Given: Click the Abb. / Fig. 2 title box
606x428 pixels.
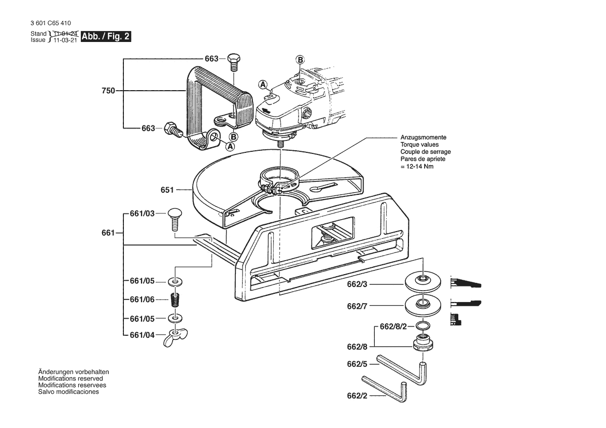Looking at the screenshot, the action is tap(106, 36).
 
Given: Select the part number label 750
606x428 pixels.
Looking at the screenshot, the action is tap(108, 91).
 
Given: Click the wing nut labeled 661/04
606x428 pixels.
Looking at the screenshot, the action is tap(175, 337).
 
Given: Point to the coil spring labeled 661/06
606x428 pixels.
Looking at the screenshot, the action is tap(175, 299).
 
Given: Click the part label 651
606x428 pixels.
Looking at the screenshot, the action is tap(167, 190).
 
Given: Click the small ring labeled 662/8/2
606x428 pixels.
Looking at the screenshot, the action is tap(423, 324).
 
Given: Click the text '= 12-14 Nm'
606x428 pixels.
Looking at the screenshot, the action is tap(417, 166).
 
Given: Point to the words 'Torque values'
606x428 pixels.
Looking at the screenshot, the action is tap(419, 145).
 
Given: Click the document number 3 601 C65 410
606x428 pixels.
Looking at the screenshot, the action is tap(51, 23).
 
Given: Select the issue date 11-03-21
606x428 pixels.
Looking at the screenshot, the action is tap(65, 40).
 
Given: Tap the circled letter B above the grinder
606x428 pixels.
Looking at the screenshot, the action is tap(300, 60).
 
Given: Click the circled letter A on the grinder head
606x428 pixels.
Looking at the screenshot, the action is tap(263, 84).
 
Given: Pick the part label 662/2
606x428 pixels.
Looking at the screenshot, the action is tap(357, 396).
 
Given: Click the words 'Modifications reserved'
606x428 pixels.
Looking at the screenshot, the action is tap(71, 379).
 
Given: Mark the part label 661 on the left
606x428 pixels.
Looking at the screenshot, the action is tap(108, 233).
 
